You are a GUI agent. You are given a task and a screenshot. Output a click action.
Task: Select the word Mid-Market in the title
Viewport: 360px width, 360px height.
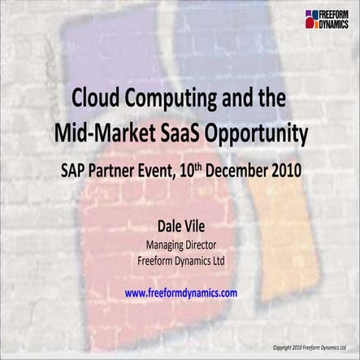pyautogui.click(x=99, y=132)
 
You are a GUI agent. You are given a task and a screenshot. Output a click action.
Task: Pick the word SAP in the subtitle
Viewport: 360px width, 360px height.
pyautogui.click(x=74, y=171)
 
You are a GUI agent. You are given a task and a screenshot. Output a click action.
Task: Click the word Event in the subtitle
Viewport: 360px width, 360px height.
pyautogui.click(x=166, y=171)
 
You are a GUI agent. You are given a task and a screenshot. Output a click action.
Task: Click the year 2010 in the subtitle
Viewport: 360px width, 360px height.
pyautogui.click(x=288, y=171)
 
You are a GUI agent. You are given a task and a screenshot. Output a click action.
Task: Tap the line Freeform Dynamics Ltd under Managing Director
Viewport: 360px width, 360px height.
pyautogui.click(x=180, y=260)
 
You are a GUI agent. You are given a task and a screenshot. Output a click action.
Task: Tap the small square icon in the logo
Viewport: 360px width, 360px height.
pyautogui.click(x=310, y=19)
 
